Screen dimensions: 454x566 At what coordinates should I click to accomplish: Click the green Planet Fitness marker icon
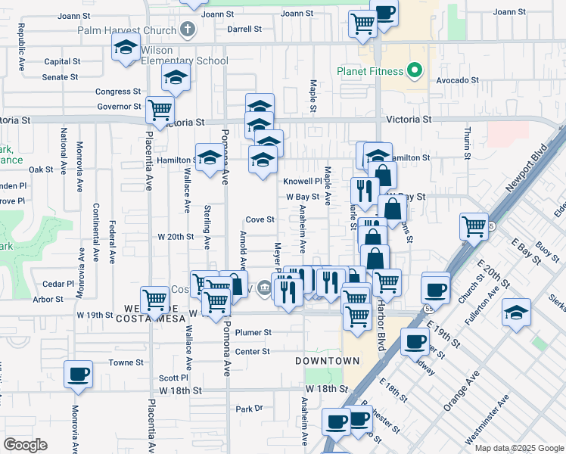414,72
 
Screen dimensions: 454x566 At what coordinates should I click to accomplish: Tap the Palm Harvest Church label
127,31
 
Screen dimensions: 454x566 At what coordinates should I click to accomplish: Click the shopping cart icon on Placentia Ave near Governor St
160,110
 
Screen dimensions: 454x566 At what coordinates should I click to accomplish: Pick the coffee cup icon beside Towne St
79,374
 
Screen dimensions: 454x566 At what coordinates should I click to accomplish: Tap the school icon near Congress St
176,78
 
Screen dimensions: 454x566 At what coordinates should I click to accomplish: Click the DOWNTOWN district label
327,361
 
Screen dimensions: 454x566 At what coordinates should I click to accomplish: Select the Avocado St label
457,79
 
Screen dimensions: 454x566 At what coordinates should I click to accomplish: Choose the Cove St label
259,219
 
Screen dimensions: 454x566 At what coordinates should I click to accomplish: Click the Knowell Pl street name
303,182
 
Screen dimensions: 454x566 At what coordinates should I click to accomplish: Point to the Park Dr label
248,409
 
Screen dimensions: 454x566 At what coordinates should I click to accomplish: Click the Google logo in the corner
25,445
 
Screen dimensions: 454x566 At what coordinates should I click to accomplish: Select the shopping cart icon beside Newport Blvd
474,225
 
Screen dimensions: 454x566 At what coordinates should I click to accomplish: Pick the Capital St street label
62,62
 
